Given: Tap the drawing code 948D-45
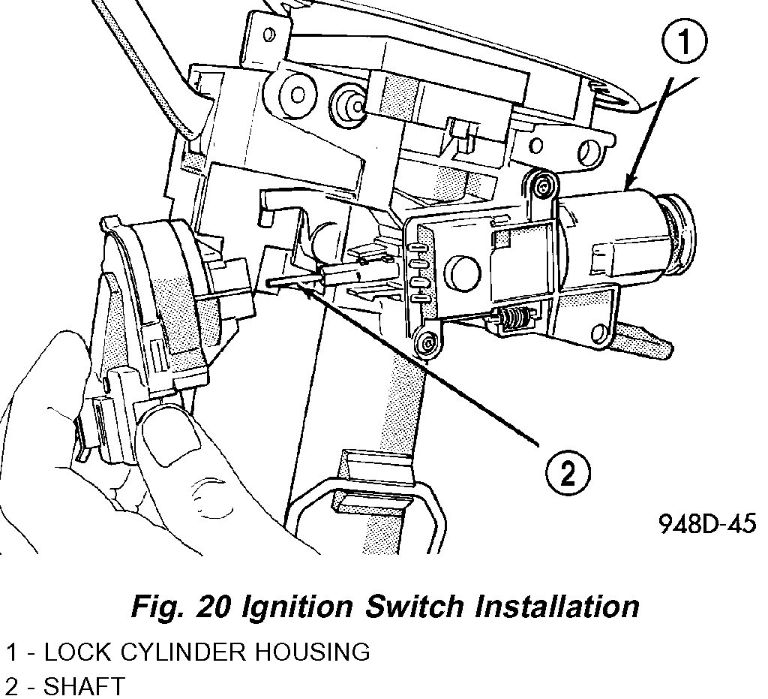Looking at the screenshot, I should point(706,523).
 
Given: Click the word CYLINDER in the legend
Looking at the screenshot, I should point(187,652).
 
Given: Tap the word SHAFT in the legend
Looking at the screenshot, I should point(85,686).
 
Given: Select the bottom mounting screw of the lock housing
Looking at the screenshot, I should point(427,343).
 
